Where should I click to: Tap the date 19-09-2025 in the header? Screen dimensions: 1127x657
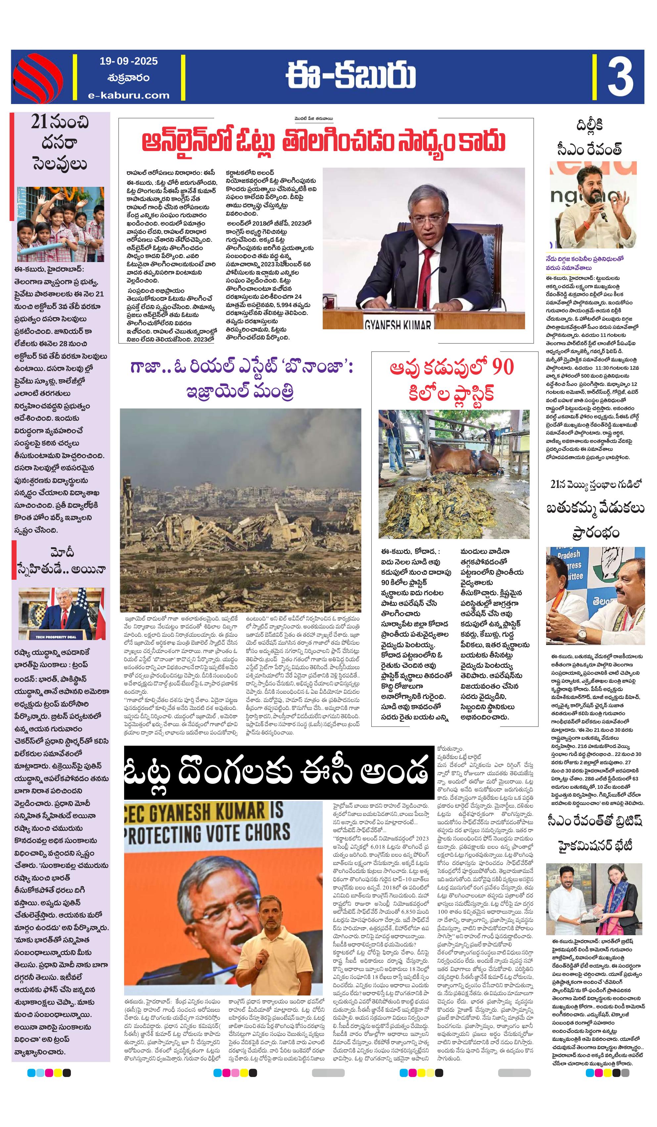129,61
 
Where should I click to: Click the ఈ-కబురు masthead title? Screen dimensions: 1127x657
351,77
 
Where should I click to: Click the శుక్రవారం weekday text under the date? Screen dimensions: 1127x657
129,78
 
